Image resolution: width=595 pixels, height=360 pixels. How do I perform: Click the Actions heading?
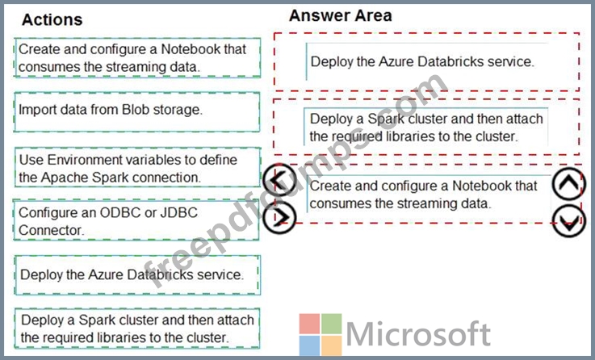(52, 19)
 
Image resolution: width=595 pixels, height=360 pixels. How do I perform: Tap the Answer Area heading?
(341, 15)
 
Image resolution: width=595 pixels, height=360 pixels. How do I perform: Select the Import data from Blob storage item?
(137, 112)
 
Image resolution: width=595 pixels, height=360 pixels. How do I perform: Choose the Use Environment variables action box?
(138, 168)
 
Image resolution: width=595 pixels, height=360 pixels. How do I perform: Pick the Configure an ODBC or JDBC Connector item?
(136, 220)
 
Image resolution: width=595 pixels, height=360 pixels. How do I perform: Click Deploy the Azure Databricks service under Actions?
(137, 275)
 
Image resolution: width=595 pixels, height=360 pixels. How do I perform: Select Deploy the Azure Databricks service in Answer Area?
(426, 61)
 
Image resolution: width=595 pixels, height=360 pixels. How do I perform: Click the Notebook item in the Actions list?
(137, 57)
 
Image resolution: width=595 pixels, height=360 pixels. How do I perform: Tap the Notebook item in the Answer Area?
(429, 195)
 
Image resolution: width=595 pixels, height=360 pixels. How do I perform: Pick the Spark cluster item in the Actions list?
(137, 329)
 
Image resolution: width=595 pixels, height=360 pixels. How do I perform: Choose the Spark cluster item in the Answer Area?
(425, 127)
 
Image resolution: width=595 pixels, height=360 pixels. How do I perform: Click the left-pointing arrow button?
(279, 180)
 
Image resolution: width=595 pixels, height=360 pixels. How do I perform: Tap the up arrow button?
(569, 184)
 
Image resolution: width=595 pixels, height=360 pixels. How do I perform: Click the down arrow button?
(569, 221)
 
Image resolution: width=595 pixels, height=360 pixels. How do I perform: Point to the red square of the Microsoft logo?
(309, 324)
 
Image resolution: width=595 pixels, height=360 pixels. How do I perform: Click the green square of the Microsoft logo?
(332, 324)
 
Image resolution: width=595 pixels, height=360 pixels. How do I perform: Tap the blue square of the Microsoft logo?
(309, 345)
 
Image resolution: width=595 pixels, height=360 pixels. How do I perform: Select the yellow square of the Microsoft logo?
(332, 345)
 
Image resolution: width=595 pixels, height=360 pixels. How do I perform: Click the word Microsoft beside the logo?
(418, 334)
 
